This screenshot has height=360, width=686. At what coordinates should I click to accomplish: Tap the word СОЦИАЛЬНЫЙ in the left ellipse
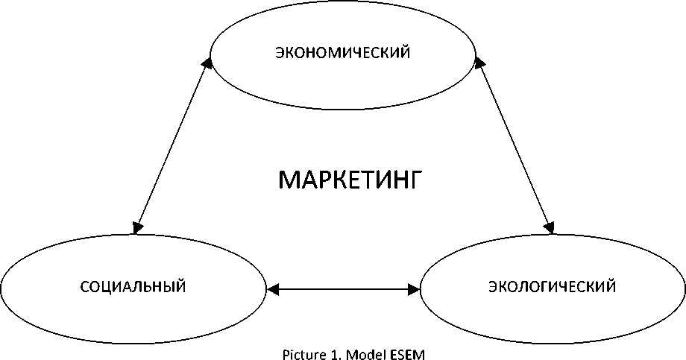coord(132,286)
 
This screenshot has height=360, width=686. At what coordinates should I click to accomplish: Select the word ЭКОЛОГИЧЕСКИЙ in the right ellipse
coord(552,286)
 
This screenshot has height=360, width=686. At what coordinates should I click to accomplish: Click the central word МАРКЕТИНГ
coord(350,180)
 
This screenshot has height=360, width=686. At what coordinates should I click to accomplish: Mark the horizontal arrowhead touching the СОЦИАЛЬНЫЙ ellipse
coord(273,287)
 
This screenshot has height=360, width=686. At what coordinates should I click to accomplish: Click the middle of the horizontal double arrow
coord(343,287)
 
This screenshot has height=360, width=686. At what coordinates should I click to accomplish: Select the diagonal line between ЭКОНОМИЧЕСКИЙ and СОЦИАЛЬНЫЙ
coord(172,146)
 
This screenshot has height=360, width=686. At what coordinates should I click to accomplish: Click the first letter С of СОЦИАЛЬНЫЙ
coord(83,286)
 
